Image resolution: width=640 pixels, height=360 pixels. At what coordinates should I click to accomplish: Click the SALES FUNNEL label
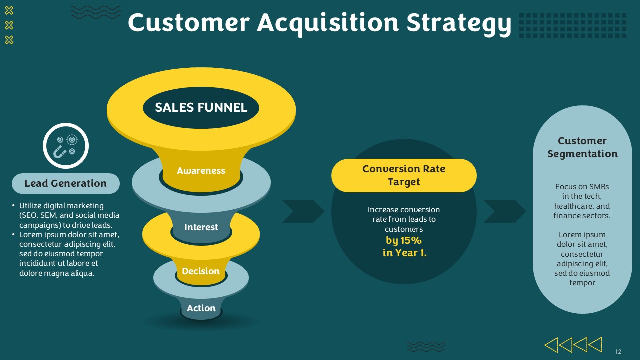(201, 107)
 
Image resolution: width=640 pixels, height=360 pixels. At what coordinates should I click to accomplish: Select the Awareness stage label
(201, 171)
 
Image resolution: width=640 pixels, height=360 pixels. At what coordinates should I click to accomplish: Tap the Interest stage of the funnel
(201, 227)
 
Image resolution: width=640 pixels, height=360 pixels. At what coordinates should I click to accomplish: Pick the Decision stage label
(201, 271)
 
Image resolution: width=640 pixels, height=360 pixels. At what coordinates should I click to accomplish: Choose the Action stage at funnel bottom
(201, 308)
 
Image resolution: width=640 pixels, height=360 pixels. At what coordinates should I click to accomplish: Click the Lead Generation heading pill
(65, 183)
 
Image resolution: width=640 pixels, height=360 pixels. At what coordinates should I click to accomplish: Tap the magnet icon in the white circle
(59, 152)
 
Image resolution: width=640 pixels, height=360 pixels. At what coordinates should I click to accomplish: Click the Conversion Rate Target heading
(404, 175)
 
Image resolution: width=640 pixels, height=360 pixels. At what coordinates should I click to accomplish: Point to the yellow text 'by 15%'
(403, 241)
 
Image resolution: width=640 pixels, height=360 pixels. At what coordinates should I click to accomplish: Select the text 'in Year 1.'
(404, 253)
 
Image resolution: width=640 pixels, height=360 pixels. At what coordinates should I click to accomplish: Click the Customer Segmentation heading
(582, 147)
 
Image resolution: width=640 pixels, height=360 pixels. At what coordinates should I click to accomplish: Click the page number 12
(618, 351)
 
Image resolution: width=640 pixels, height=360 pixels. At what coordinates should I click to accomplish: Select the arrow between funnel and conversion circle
(303, 211)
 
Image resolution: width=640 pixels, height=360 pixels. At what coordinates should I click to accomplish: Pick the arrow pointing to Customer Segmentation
(505, 211)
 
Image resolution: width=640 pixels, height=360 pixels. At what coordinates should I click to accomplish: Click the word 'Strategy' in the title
(459, 23)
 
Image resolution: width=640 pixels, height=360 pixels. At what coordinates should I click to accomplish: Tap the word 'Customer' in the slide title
(189, 23)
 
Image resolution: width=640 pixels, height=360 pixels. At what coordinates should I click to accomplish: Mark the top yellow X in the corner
(9, 11)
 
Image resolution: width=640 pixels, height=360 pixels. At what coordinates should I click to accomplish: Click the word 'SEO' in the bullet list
(29, 215)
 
